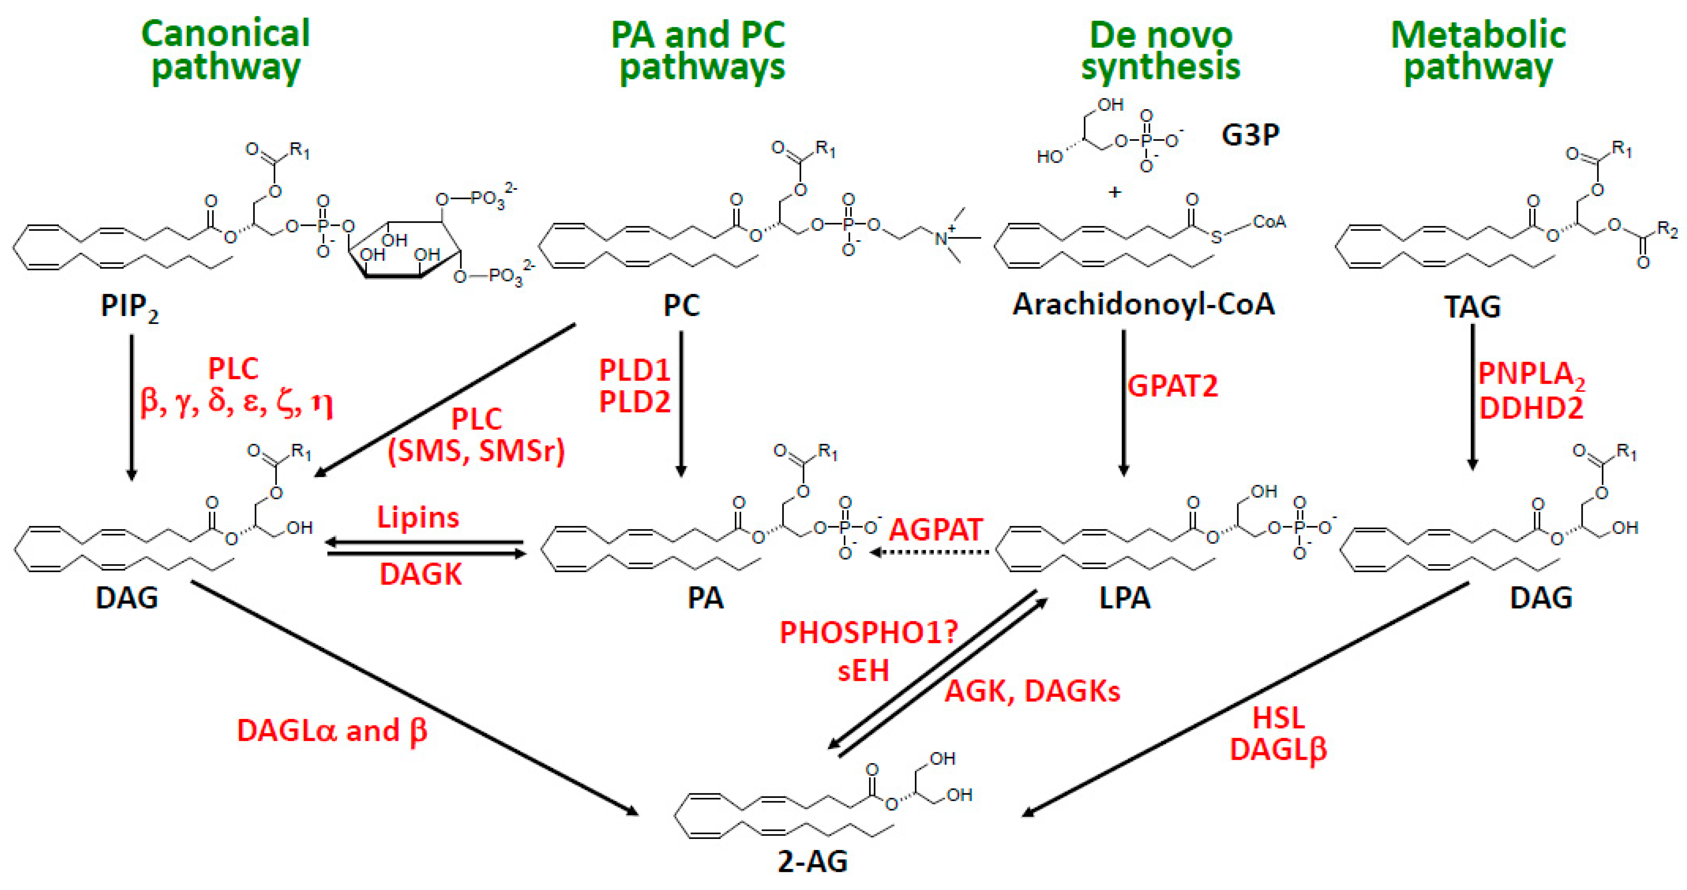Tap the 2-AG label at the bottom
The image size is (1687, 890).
point(813,861)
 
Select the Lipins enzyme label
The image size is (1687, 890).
point(418,517)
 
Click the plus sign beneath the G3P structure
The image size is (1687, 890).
point(1115,192)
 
